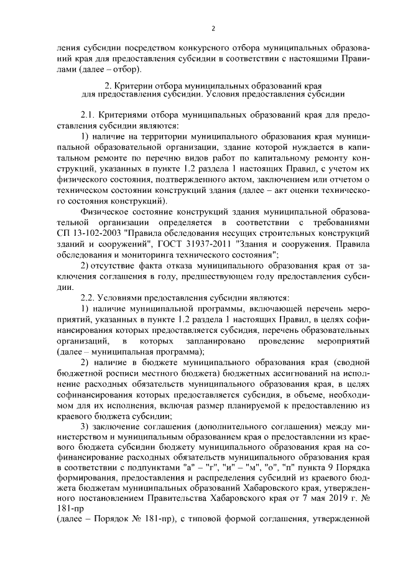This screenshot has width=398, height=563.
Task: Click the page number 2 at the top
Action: pyautogui.click(x=213, y=28)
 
